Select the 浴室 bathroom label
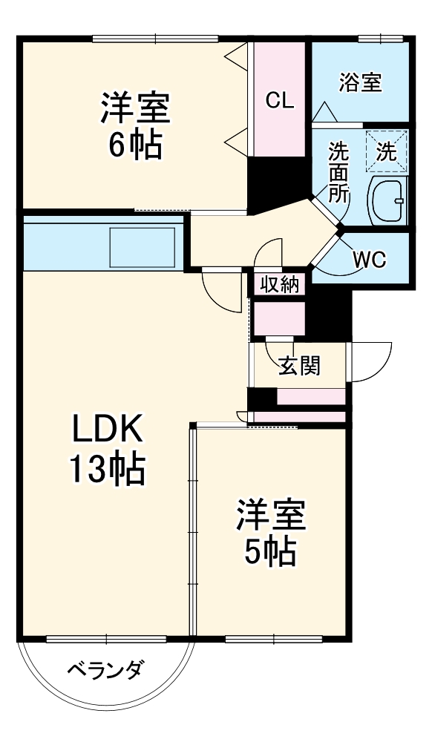pyautogui.click(x=360, y=82)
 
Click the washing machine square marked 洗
pyautogui.click(x=385, y=151)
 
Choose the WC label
pyautogui.click(x=368, y=260)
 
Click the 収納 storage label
pyautogui.click(x=279, y=284)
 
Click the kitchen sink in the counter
pyautogui.click(x=143, y=247)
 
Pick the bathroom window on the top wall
pyautogui.click(x=375, y=39)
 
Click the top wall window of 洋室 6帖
pyautogui.click(x=156, y=39)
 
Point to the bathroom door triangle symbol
pyautogui.click(x=324, y=112)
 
